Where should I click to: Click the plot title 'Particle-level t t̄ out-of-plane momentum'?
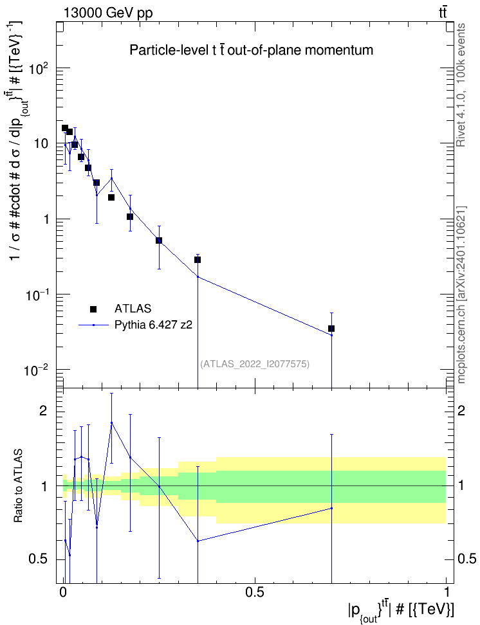click(252, 51)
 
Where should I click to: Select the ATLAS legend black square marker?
click(93, 309)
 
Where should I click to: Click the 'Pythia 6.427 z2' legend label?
click(153, 325)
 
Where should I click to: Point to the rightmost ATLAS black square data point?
click(331, 329)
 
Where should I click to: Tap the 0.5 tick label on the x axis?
click(255, 592)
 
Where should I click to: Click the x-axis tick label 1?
click(447, 592)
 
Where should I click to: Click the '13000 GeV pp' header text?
click(107, 13)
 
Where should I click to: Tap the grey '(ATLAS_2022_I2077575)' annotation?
click(255, 363)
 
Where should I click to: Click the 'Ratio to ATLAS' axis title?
click(18, 486)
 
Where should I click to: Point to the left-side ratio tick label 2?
click(42, 411)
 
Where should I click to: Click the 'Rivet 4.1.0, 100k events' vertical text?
click(461, 85)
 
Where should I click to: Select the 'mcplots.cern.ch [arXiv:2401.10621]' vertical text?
click(461, 294)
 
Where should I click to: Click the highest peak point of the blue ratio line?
click(112, 422)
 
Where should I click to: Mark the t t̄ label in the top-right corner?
click(443, 13)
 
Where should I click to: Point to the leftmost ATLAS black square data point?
click(64, 128)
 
